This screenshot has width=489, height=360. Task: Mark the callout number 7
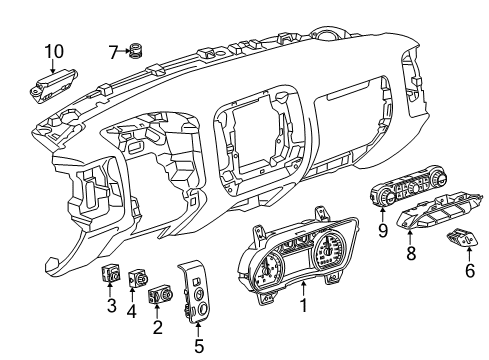pyautogui.click(x=112, y=49)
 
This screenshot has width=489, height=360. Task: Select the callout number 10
pyautogui.click(x=52, y=49)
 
